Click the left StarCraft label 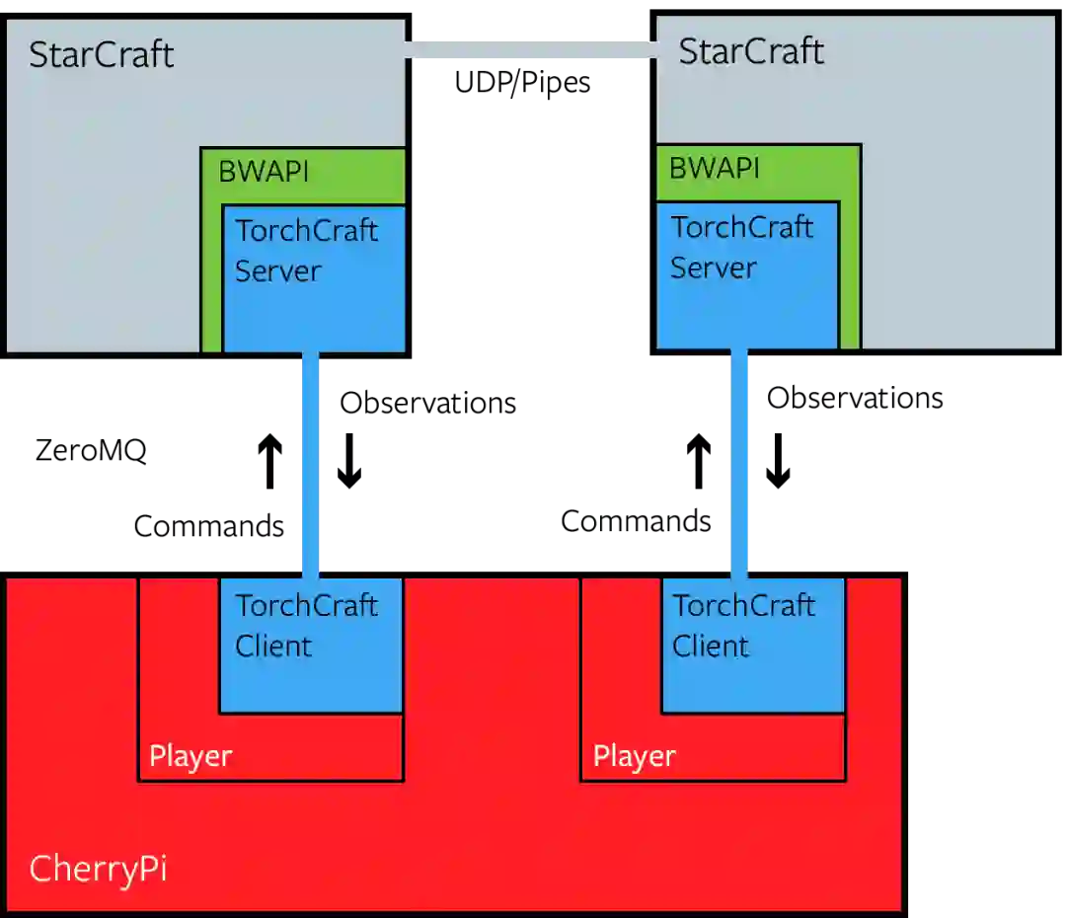point(101,54)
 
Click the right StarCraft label point(750,51)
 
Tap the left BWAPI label point(264,172)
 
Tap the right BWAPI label point(715,169)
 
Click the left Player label point(190,757)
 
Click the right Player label point(634,757)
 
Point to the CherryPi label point(98,870)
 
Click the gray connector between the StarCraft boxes point(531,51)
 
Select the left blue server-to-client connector point(312,464)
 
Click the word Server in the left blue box point(278,271)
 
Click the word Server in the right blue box point(714,268)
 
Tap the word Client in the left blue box point(273,647)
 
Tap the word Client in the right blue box point(711,647)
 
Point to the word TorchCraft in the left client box point(306,605)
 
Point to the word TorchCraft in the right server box point(742,227)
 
